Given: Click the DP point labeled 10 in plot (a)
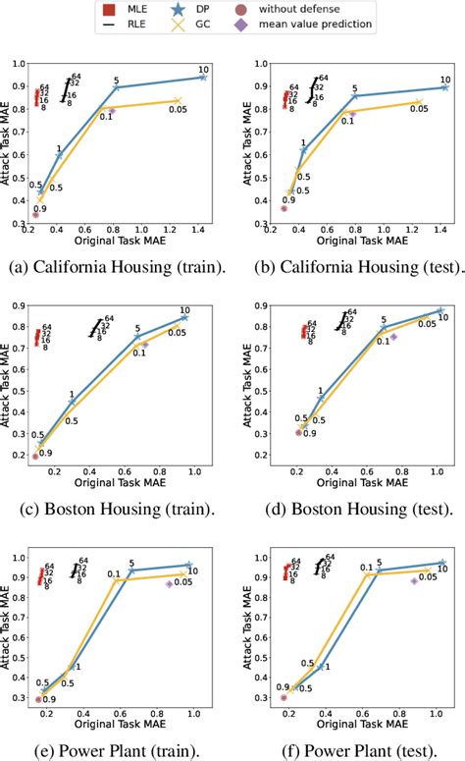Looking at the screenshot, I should (x=203, y=77).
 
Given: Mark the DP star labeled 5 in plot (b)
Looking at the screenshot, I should (x=355, y=96).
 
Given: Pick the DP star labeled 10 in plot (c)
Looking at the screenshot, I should (x=184, y=318).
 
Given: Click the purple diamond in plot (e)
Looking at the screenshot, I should (x=169, y=584).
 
